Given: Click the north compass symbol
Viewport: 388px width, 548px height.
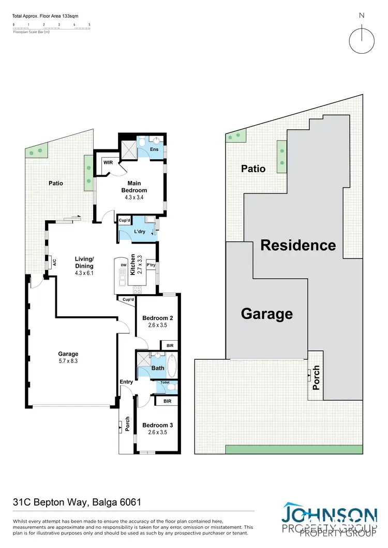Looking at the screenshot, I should [x=362, y=39].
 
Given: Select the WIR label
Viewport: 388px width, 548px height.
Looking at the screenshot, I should [x=108, y=162].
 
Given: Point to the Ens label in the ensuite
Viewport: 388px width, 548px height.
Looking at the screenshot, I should [x=154, y=149].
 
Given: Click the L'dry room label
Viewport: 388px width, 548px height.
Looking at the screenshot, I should [x=140, y=231].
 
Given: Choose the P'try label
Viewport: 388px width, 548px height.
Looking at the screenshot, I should [x=151, y=265].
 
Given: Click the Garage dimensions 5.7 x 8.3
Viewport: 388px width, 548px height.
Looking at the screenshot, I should [x=68, y=361].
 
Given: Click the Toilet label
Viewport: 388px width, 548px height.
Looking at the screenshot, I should [x=165, y=383].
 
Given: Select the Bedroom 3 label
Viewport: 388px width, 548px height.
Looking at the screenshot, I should [x=157, y=425].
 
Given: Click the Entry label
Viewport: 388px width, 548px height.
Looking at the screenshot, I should [x=126, y=382].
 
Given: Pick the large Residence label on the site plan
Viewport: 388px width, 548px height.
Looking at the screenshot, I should [x=297, y=245].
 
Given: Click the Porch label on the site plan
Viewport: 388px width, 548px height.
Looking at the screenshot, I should [x=317, y=377].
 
